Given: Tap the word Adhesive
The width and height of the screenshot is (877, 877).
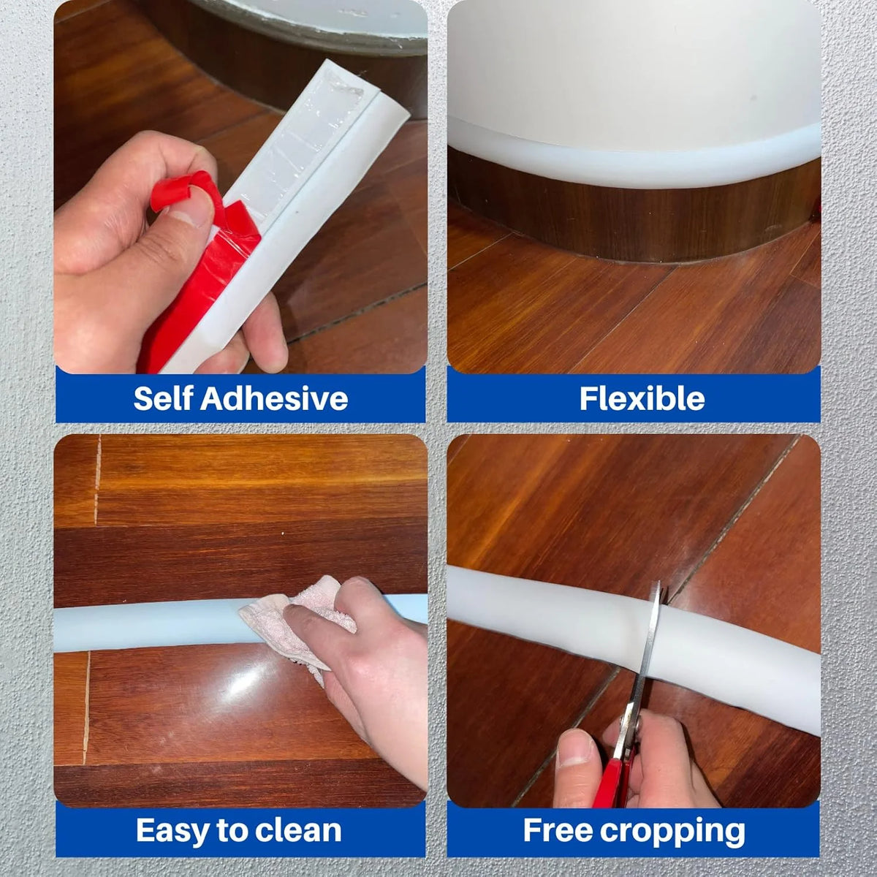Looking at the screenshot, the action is tap(274, 398).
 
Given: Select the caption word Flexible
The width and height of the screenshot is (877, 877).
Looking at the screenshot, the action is tap(642, 399).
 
